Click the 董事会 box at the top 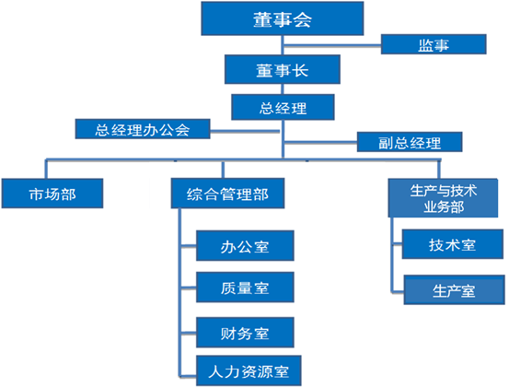click(282, 18)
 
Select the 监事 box click(434, 44)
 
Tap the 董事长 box click(282, 69)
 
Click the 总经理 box click(283, 107)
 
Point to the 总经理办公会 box click(143, 129)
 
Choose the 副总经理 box click(410, 142)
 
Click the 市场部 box click(52, 194)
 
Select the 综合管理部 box click(227, 194)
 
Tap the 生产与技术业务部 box click(443, 198)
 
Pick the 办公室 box click(245, 246)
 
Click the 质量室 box click(245, 288)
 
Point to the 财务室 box click(245, 333)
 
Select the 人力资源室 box click(249, 370)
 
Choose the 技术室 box click(453, 244)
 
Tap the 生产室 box click(454, 290)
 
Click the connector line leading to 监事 click(332, 45)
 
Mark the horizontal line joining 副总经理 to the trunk click(320, 142)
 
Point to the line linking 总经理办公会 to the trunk click(245, 131)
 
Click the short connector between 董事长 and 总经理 click(283, 89)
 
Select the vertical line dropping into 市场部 click(46, 169)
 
